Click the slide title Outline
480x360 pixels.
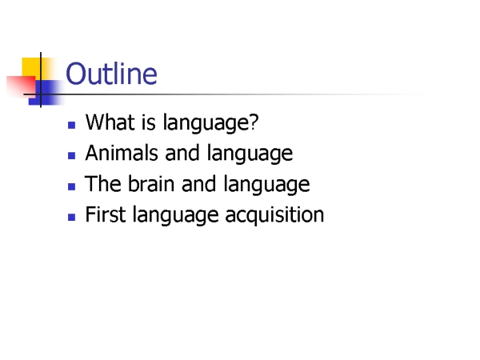click(x=111, y=74)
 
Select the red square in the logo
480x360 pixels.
click(x=22, y=86)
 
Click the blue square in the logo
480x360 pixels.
click(x=46, y=93)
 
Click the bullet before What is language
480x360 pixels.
click(x=72, y=125)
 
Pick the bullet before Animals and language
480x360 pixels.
click(x=72, y=156)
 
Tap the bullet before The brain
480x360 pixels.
click(x=72, y=186)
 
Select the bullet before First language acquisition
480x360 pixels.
click(x=72, y=217)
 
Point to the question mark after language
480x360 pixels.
click(x=254, y=122)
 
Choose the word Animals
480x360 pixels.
click(x=122, y=153)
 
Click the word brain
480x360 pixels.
click(x=151, y=183)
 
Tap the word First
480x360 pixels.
click(x=106, y=214)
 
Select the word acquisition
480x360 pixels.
click(x=274, y=214)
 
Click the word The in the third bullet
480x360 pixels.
click(x=103, y=183)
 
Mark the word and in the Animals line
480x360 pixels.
click(x=182, y=153)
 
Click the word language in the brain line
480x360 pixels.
click(x=266, y=184)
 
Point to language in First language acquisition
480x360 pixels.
click(x=176, y=215)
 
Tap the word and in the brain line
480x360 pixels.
click(x=199, y=183)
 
